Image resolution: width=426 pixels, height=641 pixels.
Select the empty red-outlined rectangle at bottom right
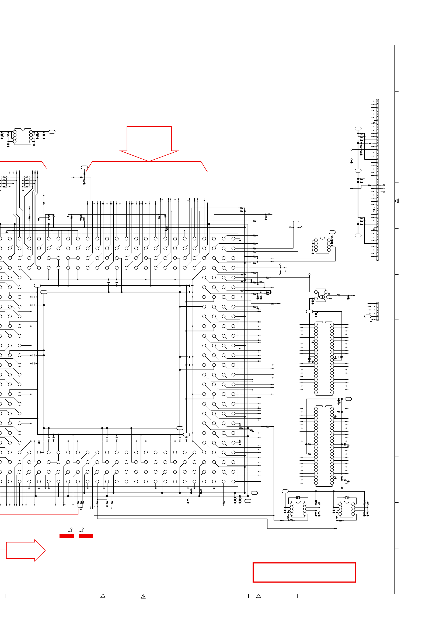304,573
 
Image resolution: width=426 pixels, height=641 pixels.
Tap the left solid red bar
67,536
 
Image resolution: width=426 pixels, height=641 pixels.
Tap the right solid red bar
86,536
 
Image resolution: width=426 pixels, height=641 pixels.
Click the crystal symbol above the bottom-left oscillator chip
298,498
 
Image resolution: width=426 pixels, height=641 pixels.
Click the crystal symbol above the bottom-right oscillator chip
346,498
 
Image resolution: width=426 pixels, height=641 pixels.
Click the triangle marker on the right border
397,201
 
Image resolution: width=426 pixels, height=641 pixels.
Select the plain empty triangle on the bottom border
258,596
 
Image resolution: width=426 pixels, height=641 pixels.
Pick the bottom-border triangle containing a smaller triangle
143,597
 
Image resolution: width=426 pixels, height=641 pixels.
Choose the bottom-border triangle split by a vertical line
103,596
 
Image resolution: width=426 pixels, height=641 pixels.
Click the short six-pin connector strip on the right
377,311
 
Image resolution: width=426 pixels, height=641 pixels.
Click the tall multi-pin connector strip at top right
377,180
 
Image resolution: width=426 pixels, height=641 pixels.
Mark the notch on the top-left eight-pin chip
23,129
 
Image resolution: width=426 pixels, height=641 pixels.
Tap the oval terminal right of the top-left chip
52,132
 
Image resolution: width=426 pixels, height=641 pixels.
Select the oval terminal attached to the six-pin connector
367,316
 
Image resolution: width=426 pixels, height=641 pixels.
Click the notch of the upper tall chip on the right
324,323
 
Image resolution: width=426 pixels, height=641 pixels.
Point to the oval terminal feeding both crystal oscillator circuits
285,491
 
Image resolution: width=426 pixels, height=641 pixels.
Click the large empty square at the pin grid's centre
111,360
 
